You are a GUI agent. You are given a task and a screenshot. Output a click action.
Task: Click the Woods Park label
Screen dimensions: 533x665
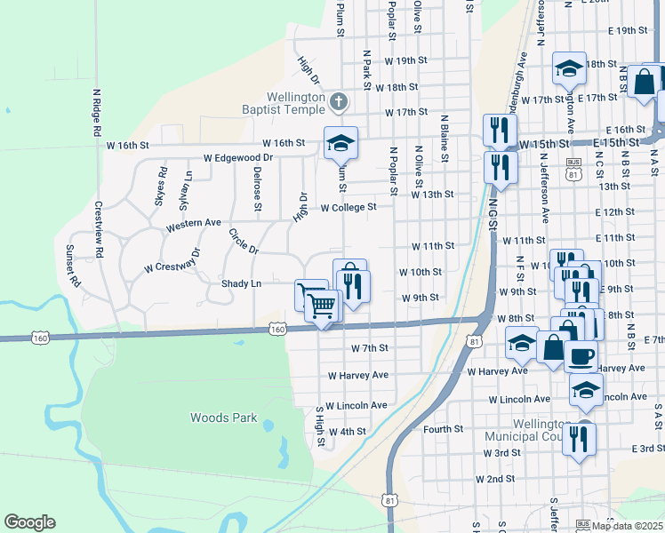click(x=223, y=418)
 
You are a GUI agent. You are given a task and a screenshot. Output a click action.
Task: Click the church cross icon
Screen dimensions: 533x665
click(x=337, y=101)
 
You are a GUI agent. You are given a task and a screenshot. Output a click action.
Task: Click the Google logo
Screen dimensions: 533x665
click(x=29, y=521)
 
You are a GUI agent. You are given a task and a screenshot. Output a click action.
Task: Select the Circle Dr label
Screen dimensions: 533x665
click(x=243, y=241)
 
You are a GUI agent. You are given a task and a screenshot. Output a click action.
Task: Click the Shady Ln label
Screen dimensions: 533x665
click(x=241, y=283)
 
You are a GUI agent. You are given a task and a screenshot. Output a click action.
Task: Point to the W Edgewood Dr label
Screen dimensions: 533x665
click(x=237, y=157)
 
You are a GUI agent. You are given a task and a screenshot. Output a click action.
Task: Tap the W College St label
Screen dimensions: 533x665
click(x=349, y=207)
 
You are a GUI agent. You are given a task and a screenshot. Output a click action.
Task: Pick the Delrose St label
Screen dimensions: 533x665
click(x=257, y=188)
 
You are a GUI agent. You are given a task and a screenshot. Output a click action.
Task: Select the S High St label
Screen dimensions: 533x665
click(x=320, y=426)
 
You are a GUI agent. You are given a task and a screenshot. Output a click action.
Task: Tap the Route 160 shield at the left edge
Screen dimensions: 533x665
click(x=39, y=338)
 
